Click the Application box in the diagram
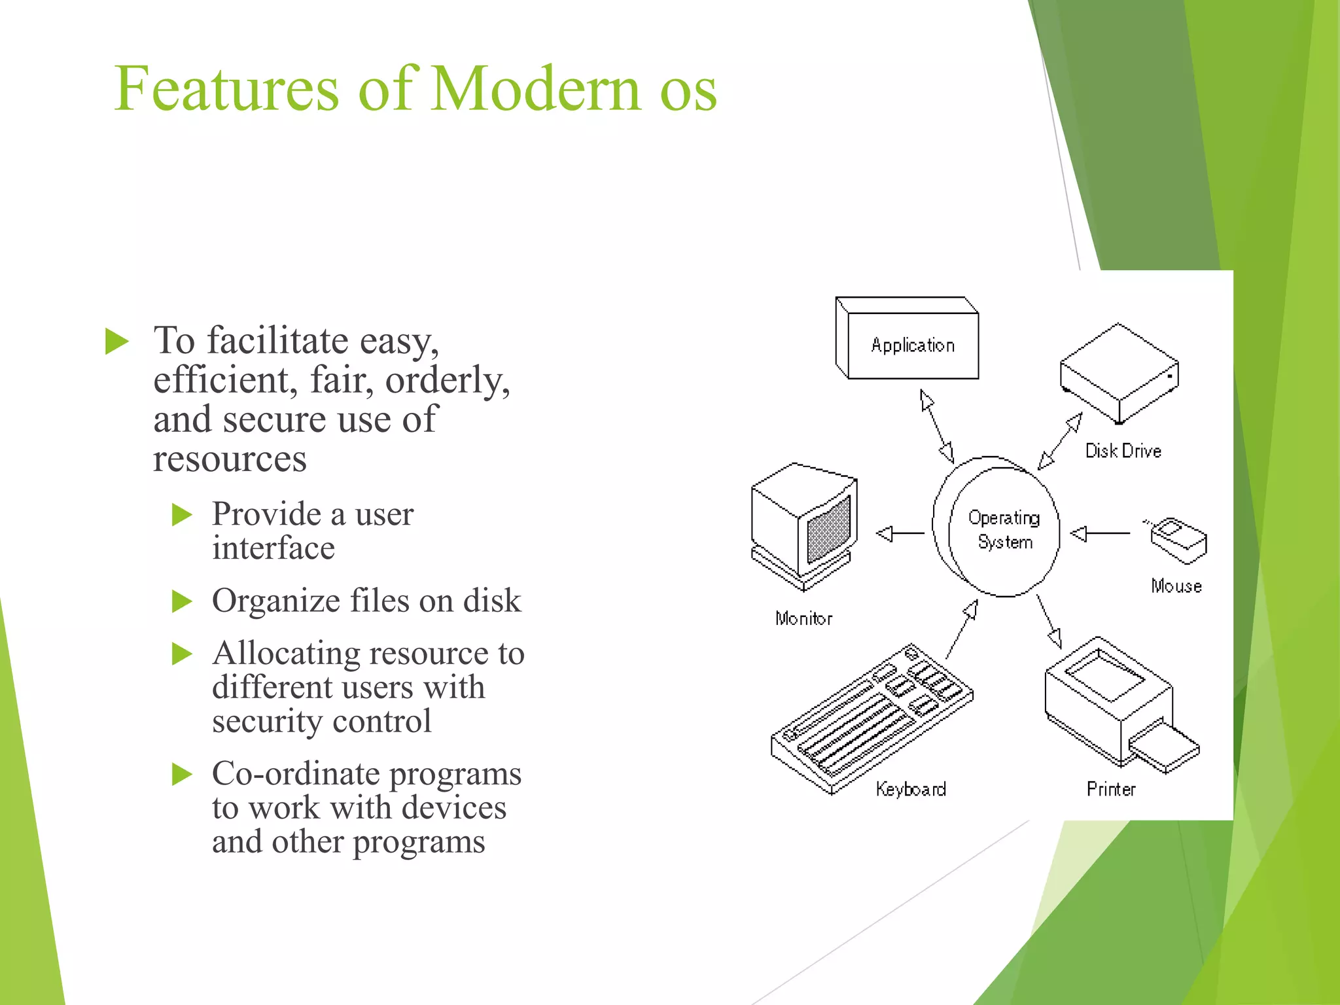[x=912, y=345]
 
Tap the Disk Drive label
[x=1123, y=451]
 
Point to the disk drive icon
[x=1119, y=374]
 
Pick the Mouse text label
[x=1176, y=586]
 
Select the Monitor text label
[x=803, y=619]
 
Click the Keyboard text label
[x=911, y=789]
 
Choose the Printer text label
[x=1111, y=789]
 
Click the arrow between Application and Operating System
[x=936, y=426]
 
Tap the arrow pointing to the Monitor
[x=900, y=534]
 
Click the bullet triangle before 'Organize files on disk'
[x=181, y=601]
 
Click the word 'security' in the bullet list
[x=267, y=721]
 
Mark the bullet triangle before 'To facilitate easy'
[x=116, y=342]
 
